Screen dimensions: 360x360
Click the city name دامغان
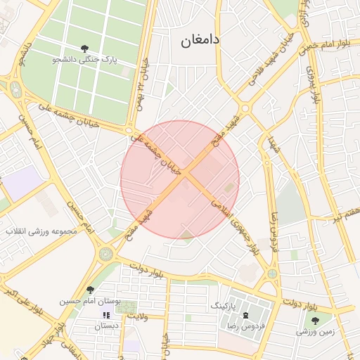(200, 41)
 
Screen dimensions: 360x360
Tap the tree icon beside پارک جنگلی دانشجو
(84, 49)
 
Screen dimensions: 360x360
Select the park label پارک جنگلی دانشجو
(84, 60)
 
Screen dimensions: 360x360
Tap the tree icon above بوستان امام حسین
(89, 290)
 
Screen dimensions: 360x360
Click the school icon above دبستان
(107, 316)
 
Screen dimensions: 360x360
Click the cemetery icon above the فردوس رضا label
(246, 316)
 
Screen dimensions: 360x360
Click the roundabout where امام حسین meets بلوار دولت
(106, 252)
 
